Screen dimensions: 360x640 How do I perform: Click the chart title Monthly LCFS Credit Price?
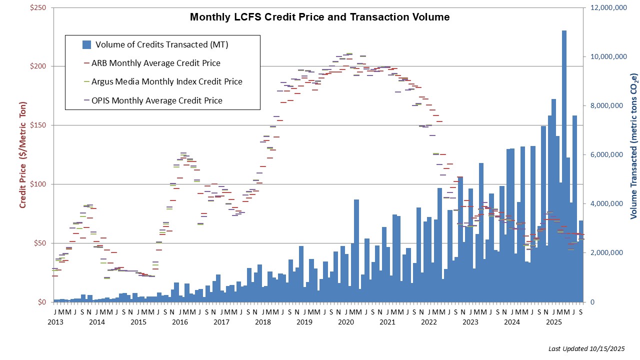tap(319, 17)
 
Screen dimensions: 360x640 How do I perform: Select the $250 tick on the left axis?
tap(37, 8)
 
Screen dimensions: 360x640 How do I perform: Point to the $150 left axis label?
tap(37, 125)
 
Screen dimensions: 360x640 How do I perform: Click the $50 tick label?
tap(39, 243)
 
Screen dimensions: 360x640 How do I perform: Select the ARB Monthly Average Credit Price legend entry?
tap(155, 63)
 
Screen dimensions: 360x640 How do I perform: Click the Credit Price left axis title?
tap(23, 155)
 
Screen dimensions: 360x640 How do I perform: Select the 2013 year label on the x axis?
tap(55, 322)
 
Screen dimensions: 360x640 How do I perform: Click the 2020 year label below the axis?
tap(345, 322)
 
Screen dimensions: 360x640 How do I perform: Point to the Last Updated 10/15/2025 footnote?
tap(586, 348)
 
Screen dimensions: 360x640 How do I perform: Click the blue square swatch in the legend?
tap(86, 44)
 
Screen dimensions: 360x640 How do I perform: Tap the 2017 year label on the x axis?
tap(221, 322)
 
